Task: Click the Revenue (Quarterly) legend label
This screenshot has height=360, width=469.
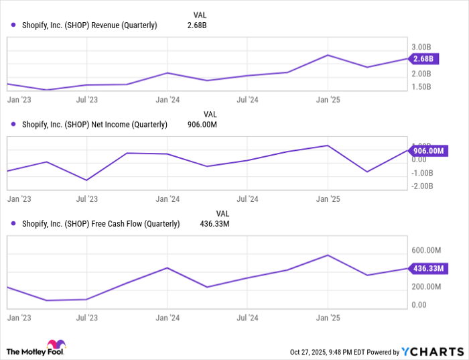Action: [x=89, y=25]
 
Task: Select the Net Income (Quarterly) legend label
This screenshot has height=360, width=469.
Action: [x=94, y=124]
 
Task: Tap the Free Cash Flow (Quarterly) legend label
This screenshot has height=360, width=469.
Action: [x=100, y=224]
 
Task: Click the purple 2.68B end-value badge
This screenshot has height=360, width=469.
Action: [x=423, y=59]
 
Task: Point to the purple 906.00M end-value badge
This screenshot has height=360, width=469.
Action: [x=426, y=152]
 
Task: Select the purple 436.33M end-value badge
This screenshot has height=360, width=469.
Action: [x=426, y=269]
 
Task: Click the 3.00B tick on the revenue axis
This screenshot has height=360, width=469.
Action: [x=423, y=47]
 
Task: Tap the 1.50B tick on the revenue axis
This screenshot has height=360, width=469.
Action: [x=423, y=87]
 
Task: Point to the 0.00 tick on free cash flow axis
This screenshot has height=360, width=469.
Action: [x=419, y=305]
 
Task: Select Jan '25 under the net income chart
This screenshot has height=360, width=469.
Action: [x=328, y=199]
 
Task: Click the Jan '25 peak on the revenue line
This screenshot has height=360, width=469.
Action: [x=327, y=55]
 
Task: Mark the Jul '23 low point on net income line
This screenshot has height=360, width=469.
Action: [x=86, y=180]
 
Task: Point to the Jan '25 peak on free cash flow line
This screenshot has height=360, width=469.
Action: [x=327, y=255]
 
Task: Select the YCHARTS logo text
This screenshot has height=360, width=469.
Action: [x=433, y=351]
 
